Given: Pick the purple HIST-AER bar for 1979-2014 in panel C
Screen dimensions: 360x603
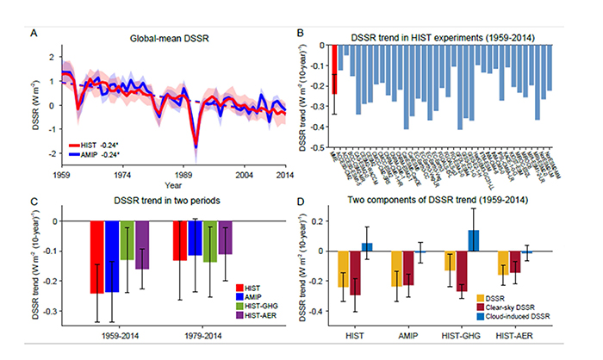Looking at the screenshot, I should (224, 238).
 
